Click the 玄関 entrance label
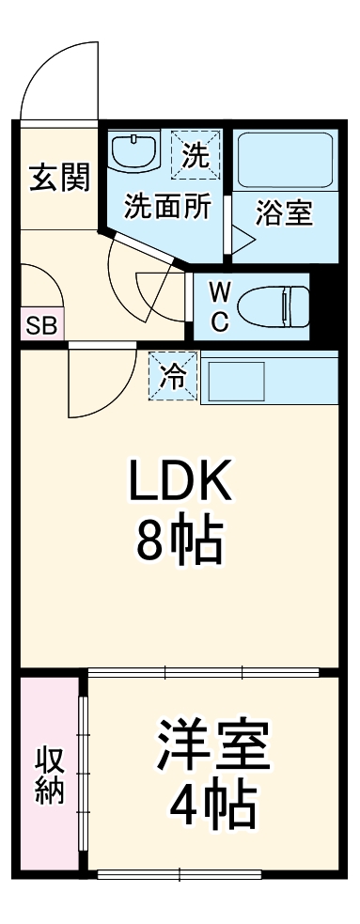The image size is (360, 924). (x=59, y=178)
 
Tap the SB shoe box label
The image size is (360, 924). (x=39, y=326)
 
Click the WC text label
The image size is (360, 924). (x=217, y=305)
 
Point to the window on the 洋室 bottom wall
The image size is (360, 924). (x=179, y=873)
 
